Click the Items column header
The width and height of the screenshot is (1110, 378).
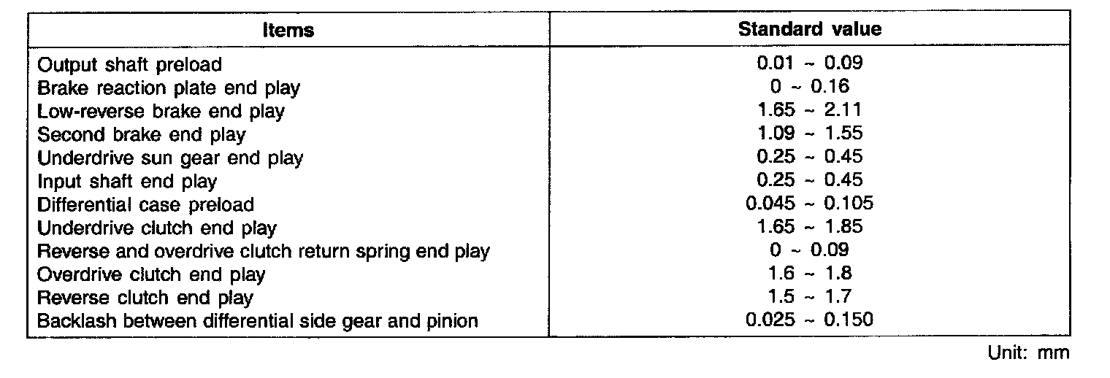[289, 30]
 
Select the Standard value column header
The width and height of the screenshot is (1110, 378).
[810, 29]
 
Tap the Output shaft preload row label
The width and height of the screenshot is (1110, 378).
[129, 65]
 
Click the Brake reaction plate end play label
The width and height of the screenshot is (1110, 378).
[169, 88]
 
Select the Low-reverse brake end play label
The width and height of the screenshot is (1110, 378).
[161, 112]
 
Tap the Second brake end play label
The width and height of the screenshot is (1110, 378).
[141, 135]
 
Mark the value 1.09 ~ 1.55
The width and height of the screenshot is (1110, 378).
[810, 134]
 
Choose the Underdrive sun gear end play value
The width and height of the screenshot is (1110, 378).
[810, 157]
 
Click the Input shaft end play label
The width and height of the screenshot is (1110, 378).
[127, 181]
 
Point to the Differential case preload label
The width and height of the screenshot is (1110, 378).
[145, 204]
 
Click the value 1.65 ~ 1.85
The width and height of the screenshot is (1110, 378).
[810, 226]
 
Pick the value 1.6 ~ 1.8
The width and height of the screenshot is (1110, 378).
[810, 274]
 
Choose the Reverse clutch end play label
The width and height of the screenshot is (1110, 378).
[145, 298]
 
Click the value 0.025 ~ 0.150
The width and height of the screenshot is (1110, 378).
[810, 320]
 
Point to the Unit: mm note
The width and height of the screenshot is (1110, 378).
[1028, 353]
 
